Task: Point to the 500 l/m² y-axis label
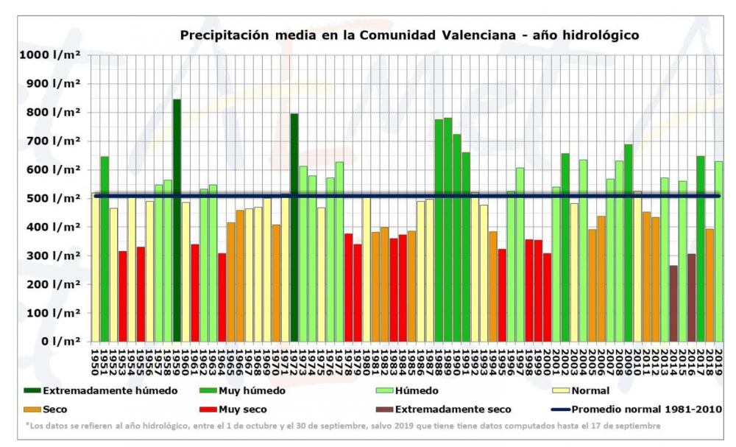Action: pos(50,199)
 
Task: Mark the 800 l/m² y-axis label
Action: pos(50,113)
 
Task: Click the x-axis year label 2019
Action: pos(719,362)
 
